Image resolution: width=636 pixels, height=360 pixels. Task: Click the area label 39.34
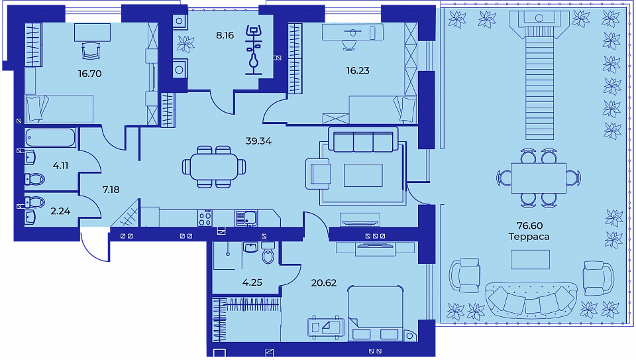[x=258, y=141]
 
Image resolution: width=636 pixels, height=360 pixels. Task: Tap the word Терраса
[x=529, y=237]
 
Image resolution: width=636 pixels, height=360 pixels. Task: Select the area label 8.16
[x=225, y=35]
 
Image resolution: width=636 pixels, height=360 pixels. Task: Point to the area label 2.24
[x=60, y=211]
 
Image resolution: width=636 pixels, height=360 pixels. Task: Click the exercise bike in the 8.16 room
[x=254, y=50]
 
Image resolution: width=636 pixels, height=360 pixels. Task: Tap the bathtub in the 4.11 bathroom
[x=50, y=138]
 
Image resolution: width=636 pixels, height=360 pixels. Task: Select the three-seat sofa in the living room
[x=363, y=140]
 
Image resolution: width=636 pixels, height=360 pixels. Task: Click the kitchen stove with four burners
[x=205, y=218]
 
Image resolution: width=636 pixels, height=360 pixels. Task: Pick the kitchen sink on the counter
[x=246, y=218]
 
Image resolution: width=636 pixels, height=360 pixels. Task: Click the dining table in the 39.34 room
[x=214, y=167]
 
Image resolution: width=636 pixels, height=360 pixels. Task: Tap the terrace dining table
[x=538, y=178]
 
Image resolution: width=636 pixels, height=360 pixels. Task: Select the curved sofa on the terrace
[x=531, y=300]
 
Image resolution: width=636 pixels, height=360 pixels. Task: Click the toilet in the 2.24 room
[x=35, y=202]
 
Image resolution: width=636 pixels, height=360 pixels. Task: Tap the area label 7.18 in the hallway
[x=111, y=190]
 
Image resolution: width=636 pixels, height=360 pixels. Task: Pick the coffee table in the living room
[x=363, y=175]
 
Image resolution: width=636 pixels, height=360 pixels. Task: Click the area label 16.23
[x=358, y=71]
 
